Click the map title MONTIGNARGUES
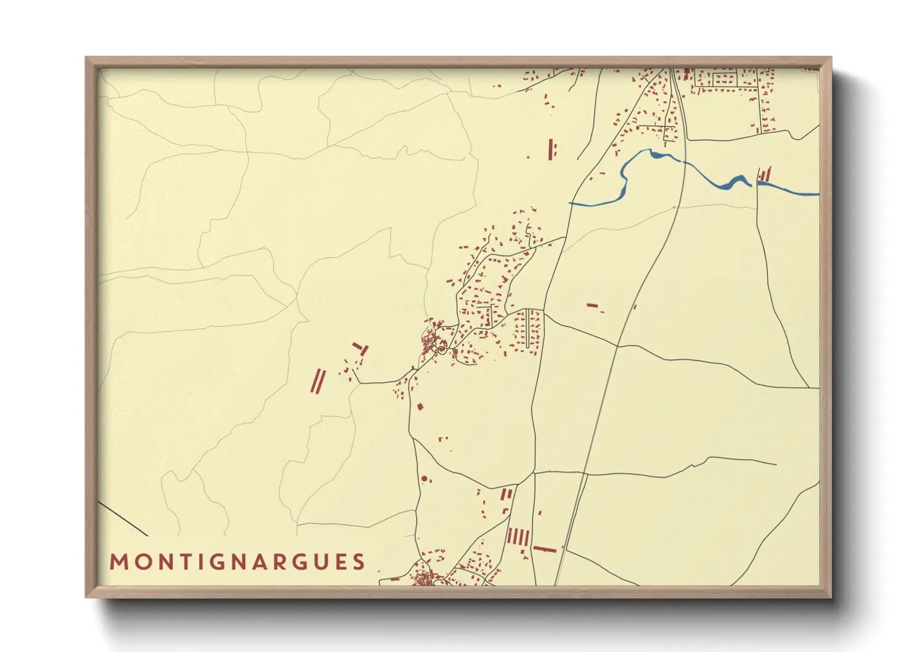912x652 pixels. point(237,562)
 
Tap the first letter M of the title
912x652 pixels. point(118,562)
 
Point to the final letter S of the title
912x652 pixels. point(359,562)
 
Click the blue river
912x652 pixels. point(702,175)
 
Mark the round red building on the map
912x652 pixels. point(424,479)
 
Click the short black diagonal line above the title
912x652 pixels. point(123,519)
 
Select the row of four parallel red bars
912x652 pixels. point(518,537)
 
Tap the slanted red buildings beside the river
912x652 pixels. point(765,175)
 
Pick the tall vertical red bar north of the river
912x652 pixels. point(550,149)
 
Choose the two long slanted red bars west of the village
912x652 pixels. point(317,381)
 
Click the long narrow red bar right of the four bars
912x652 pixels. point(545,549)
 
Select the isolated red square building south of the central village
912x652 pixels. point(420,407)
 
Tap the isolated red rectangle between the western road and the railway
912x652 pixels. point(592,305)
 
